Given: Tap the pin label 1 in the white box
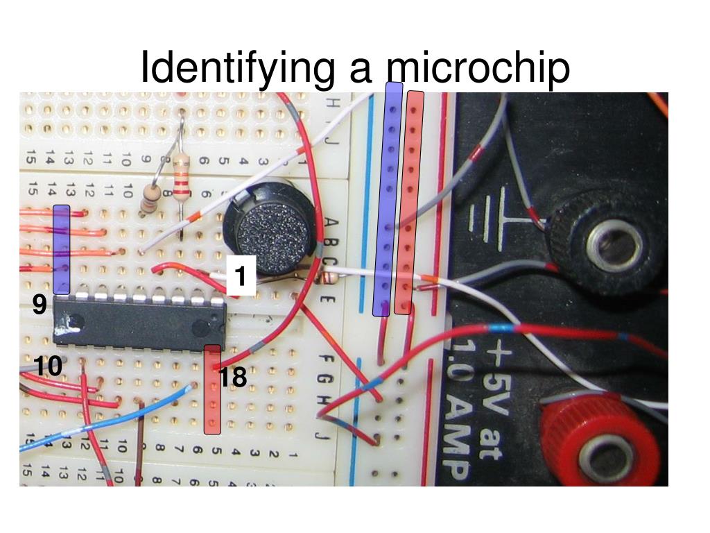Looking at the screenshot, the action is point(241,277).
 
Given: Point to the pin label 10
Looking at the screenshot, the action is point(49,366).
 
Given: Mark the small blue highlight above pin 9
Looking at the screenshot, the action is point(62,248).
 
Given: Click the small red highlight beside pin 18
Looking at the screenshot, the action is point(212,389).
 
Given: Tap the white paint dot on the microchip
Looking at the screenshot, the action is point(70,321).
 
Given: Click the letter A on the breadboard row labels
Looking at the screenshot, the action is point(331,223).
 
